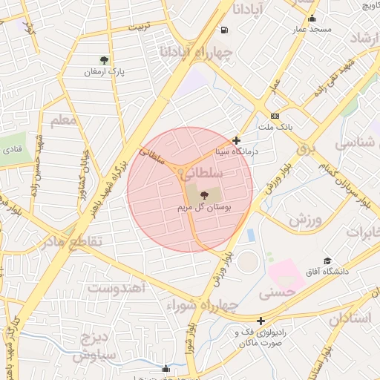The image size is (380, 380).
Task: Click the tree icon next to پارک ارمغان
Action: pos(103,59)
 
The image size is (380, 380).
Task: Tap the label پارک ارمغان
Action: pos(103,72)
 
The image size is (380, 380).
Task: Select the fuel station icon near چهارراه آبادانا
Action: pos(224,30)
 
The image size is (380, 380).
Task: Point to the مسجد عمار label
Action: pos(310,29)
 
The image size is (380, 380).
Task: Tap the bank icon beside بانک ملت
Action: pos(275,116)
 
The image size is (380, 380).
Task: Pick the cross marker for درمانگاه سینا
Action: pos(237,140)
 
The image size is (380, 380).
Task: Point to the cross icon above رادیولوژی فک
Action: pos(261,320)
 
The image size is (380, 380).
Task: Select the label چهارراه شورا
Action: pos(202,305)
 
